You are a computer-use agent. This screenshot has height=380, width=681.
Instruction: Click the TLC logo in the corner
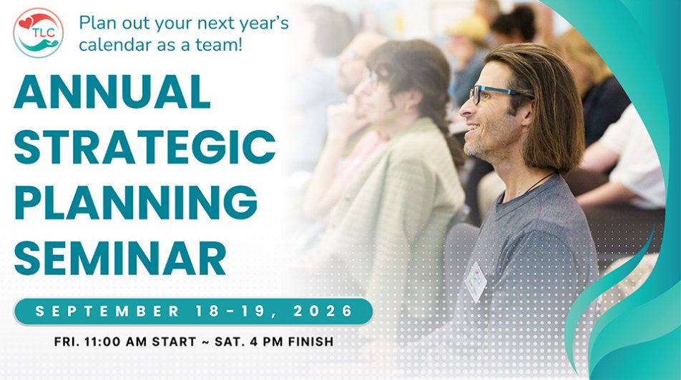pos(38,33)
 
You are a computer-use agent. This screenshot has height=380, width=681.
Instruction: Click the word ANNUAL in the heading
pos(112,92)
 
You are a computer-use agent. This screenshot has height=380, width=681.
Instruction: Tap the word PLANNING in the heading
pos(136,202)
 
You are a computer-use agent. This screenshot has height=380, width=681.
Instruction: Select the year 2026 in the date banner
pos(326,311)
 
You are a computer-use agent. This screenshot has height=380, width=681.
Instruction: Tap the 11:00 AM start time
pos(124,341)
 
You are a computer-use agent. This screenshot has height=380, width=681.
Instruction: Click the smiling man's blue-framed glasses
pos(494,94)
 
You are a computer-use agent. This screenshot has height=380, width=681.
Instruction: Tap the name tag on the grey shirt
pos(475,281)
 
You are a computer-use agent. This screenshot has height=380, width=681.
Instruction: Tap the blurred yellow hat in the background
pos(469,29)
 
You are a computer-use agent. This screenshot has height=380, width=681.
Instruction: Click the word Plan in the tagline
pos(97,24)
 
